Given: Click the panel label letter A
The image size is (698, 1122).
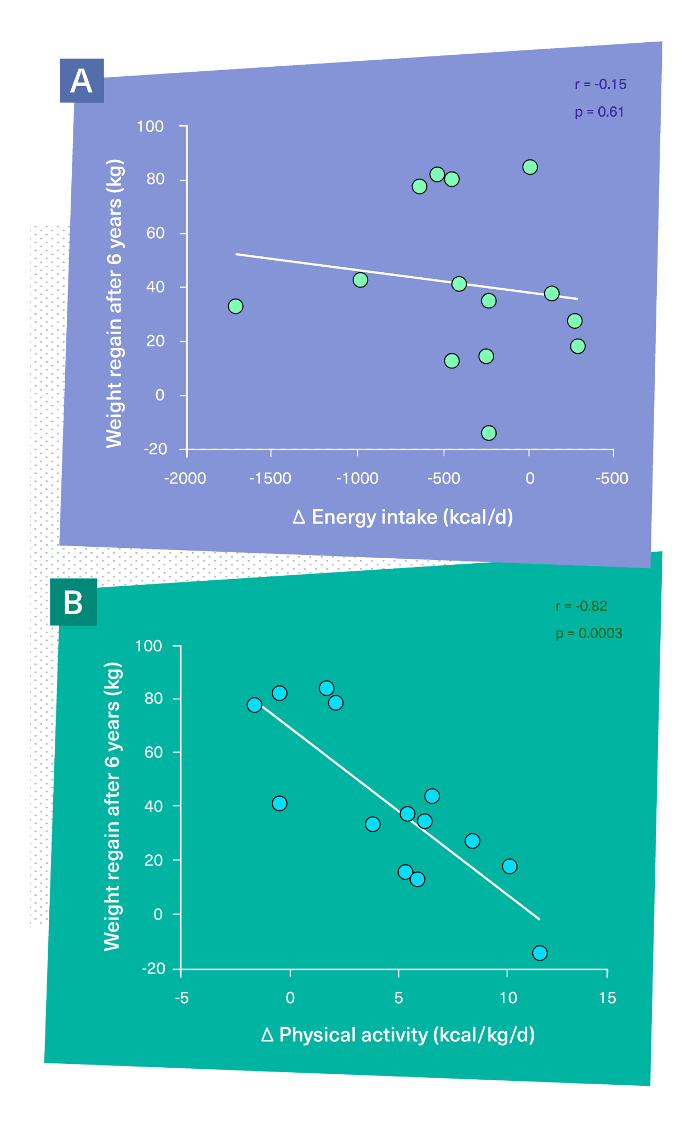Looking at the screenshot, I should (x=81, y=81).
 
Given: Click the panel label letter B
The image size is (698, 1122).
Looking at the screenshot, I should (x=73, y=602).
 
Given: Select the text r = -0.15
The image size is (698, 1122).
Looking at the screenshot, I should (x=600, y=84).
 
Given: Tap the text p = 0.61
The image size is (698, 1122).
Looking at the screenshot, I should (x=599, y=112).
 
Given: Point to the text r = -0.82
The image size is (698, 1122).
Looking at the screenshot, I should (x=581, y=606).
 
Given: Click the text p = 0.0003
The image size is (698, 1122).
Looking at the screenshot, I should (x=588, y=633).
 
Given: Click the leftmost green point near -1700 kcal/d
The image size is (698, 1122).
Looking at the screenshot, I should (x=236, y=306).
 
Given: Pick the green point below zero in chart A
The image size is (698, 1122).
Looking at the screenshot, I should (x=489, y=433).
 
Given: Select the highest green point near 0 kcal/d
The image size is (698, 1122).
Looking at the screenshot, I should (x=530, y=167).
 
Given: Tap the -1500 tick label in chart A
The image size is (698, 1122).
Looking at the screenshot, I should (x=270, y=478).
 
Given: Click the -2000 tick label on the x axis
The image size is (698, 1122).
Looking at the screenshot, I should (x=185, y=478).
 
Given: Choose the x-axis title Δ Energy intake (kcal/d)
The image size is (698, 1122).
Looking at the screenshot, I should (x=403, y=517).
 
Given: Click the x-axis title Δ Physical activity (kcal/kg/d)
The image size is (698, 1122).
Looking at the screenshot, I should (x=398, y=1034).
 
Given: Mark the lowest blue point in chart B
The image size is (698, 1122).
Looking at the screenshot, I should (x=540, y=953).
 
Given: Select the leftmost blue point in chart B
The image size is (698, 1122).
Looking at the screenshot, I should (x=254, y=705).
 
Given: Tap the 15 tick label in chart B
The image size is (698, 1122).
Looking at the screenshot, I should (x=607, y=998).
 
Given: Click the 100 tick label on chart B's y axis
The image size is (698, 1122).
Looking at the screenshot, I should (x=148, y=646).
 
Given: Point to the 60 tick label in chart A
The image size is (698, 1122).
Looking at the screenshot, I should (x=155, y=233).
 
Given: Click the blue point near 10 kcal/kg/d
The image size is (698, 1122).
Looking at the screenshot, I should (x=510, y=866).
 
